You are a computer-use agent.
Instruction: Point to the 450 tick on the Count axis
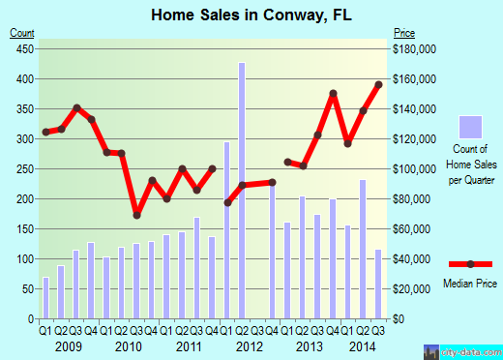pyautogui.click(x=23, y=48)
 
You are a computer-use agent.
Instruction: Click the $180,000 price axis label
pyautogui.click(x=413, y=48)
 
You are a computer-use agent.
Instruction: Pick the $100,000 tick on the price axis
pyautogui.click(x=413, y=169)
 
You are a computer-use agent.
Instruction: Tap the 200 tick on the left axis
pyautogui.click(x=23, y=199)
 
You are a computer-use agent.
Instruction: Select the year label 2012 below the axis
pyautogui.click(x=250, y=345)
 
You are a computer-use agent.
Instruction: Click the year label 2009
pyautogui.click(x=68, y=345)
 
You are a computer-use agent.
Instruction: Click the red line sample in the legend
pyautogui.click(x=470, y=264)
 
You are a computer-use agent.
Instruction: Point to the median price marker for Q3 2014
pyautogui.click(x=379, y=85)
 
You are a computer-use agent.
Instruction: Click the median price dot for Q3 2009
pyautogui.click(x=76, y=107)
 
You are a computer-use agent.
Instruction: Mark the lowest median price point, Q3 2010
pyautogui.click(x=136, y=215)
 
